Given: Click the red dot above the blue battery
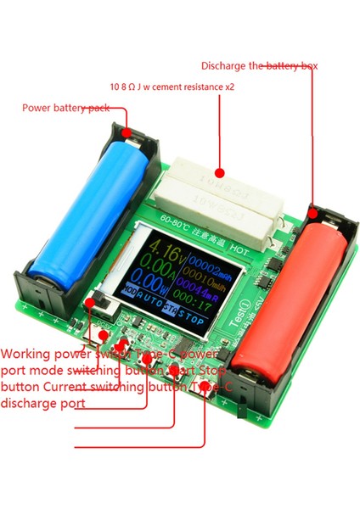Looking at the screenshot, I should [x=126, y=131].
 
